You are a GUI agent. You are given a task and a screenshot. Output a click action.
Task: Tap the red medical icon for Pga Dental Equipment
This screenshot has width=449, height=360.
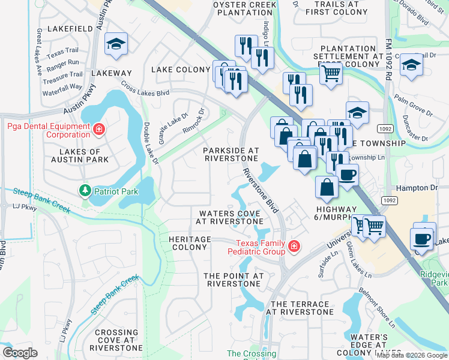[x=98, y=128]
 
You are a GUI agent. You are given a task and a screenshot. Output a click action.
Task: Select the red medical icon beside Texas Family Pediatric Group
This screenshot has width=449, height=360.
[x=294, y=246]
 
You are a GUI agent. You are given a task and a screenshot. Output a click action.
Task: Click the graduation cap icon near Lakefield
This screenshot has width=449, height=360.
[x=116, y=43]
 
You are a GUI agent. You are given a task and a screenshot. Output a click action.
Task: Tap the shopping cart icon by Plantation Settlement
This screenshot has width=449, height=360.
[x=331, y=74]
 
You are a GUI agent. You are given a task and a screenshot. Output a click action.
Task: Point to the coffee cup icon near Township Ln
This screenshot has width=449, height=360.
[x=348, y=175]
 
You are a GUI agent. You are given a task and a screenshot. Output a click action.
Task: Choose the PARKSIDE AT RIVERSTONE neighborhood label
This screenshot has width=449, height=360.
[x=231, y=154]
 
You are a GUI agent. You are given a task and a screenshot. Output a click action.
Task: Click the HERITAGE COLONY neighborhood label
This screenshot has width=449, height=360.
[x=185, y=243]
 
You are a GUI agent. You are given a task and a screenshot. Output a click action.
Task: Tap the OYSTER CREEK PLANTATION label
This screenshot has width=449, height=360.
[x=245, y=9]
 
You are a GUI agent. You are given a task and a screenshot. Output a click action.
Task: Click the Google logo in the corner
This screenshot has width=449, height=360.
[x=20, y=353]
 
